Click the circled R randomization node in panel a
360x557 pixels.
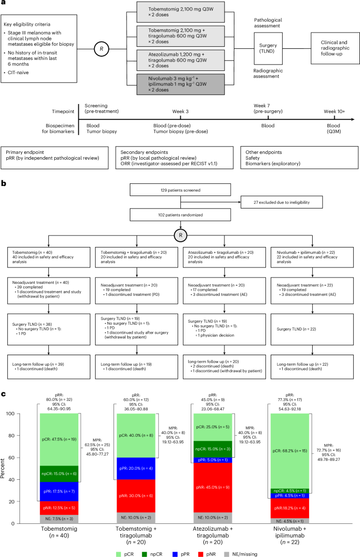click(x=101, y=49)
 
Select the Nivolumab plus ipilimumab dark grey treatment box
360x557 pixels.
click(x=181, y=84)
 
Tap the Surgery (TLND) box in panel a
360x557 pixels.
click(x=268, y=48)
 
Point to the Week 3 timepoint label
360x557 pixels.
click(x=181, y=111)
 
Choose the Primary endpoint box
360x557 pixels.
click(x=55, y=158)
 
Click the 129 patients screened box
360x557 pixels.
click(x=180, y=190)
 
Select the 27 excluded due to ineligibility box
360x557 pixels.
click(x=282, y=202)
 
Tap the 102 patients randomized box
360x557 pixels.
click(x=180, y=215)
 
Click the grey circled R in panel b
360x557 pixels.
click(x=181, y=235)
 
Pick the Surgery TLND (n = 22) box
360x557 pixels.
click(x=312, y=329)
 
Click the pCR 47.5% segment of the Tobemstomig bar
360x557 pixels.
click(x=59, y=439)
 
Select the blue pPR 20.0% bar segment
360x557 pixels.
click(x=136, y=469)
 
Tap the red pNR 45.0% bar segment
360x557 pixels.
click(x=213, y=488)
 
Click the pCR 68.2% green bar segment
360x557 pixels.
click(x=290, y=451)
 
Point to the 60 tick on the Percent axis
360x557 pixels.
click(x=12, y=458)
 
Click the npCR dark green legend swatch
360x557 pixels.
click(x=144, y=554)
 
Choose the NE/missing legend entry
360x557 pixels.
click(x=241, y=554)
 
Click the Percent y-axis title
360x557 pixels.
click(x=3, y=468)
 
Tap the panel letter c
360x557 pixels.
click(x=3, y=394)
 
